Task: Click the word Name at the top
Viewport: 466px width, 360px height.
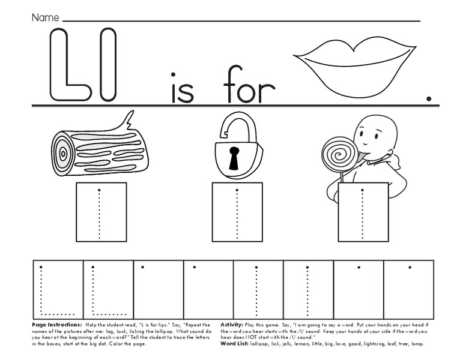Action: click(45, 18)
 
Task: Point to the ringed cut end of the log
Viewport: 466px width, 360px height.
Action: click(65, 152)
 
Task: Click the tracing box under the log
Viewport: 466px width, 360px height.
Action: click(101, 211)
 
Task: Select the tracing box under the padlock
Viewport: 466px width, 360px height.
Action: click(237, 211)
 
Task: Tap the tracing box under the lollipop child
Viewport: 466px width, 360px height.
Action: click(362, 211)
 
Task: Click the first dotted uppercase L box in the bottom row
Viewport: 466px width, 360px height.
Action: click(57, 289)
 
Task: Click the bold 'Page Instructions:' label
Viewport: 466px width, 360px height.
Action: click(54, 324)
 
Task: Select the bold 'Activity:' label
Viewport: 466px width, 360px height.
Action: click(232, 324)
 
